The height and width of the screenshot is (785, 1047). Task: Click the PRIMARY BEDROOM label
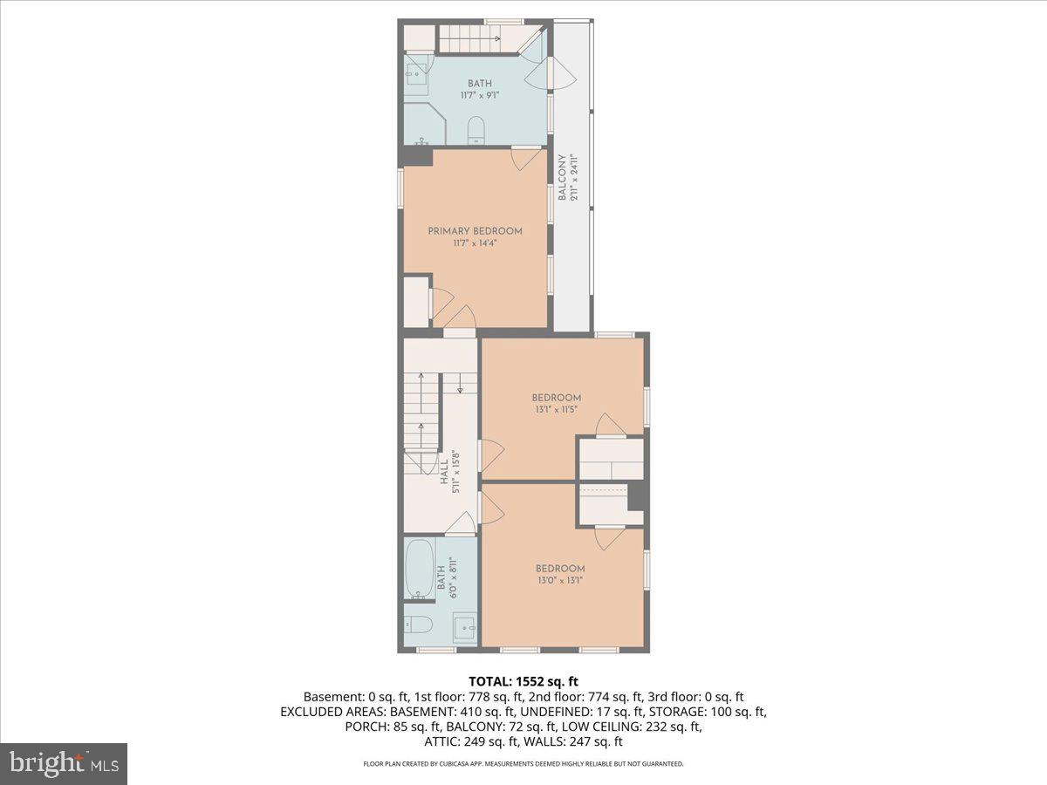475,231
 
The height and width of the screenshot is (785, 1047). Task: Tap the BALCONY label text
564,178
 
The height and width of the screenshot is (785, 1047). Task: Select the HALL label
444,472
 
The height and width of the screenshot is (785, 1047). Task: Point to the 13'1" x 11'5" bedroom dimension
558,409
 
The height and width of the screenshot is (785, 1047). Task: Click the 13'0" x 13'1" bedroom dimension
559,580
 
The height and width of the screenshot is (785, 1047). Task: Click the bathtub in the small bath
421,570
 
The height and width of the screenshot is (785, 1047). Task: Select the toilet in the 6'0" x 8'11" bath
417,625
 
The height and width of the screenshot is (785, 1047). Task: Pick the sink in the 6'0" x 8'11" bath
463,625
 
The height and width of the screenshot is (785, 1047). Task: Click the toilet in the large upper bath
476,132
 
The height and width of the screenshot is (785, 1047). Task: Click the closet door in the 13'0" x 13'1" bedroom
609,536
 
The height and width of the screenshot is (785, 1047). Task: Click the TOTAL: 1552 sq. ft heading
523,680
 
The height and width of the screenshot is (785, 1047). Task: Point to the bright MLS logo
64,764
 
